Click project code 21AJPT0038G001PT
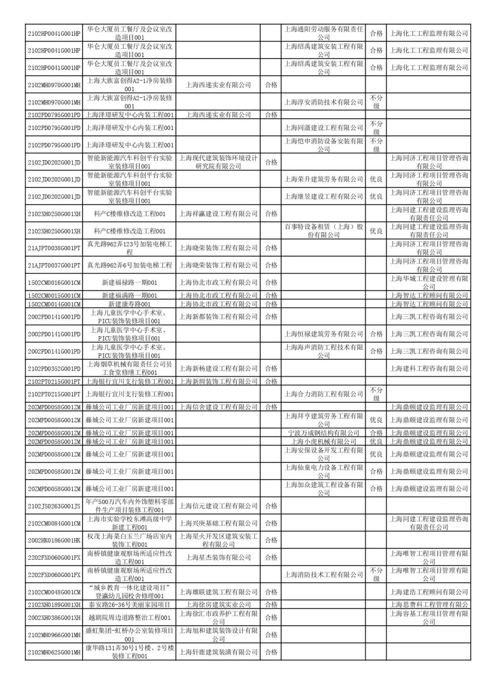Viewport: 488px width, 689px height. (54, 248)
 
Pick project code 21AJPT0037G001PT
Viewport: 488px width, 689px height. (54, 265)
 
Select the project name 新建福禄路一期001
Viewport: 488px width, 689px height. (129, 283)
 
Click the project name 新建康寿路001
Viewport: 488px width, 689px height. (129, 304)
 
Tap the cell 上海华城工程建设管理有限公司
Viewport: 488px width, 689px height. (429, 283)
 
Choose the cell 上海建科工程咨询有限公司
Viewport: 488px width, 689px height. (429, 368)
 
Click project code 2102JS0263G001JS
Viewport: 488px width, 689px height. (54, 506)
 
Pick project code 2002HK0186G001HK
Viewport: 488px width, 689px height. (54, 540)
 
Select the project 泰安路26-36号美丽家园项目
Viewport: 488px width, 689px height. (129, 605)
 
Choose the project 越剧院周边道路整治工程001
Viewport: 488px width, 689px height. (129, 618)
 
